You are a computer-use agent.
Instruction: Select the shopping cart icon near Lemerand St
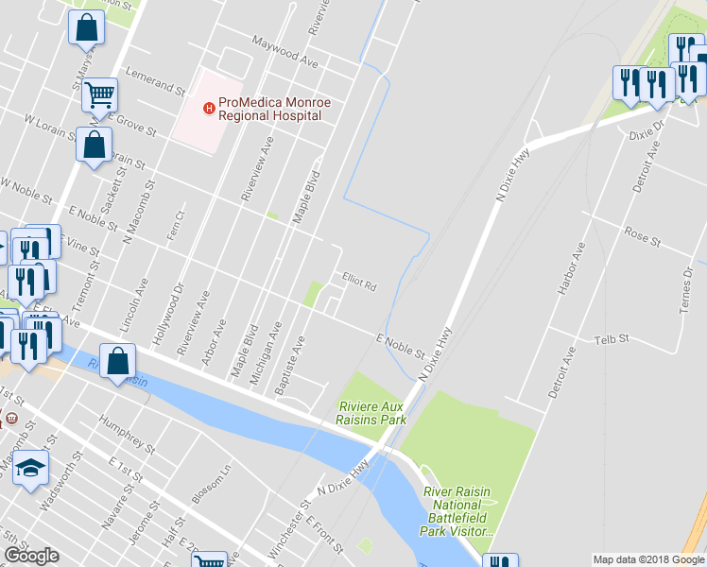99,94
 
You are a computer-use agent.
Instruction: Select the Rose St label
642,235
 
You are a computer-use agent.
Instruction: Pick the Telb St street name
611,338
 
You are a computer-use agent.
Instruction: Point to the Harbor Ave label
573,270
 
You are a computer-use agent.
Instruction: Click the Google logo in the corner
31,556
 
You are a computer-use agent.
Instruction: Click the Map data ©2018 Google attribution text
648,559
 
